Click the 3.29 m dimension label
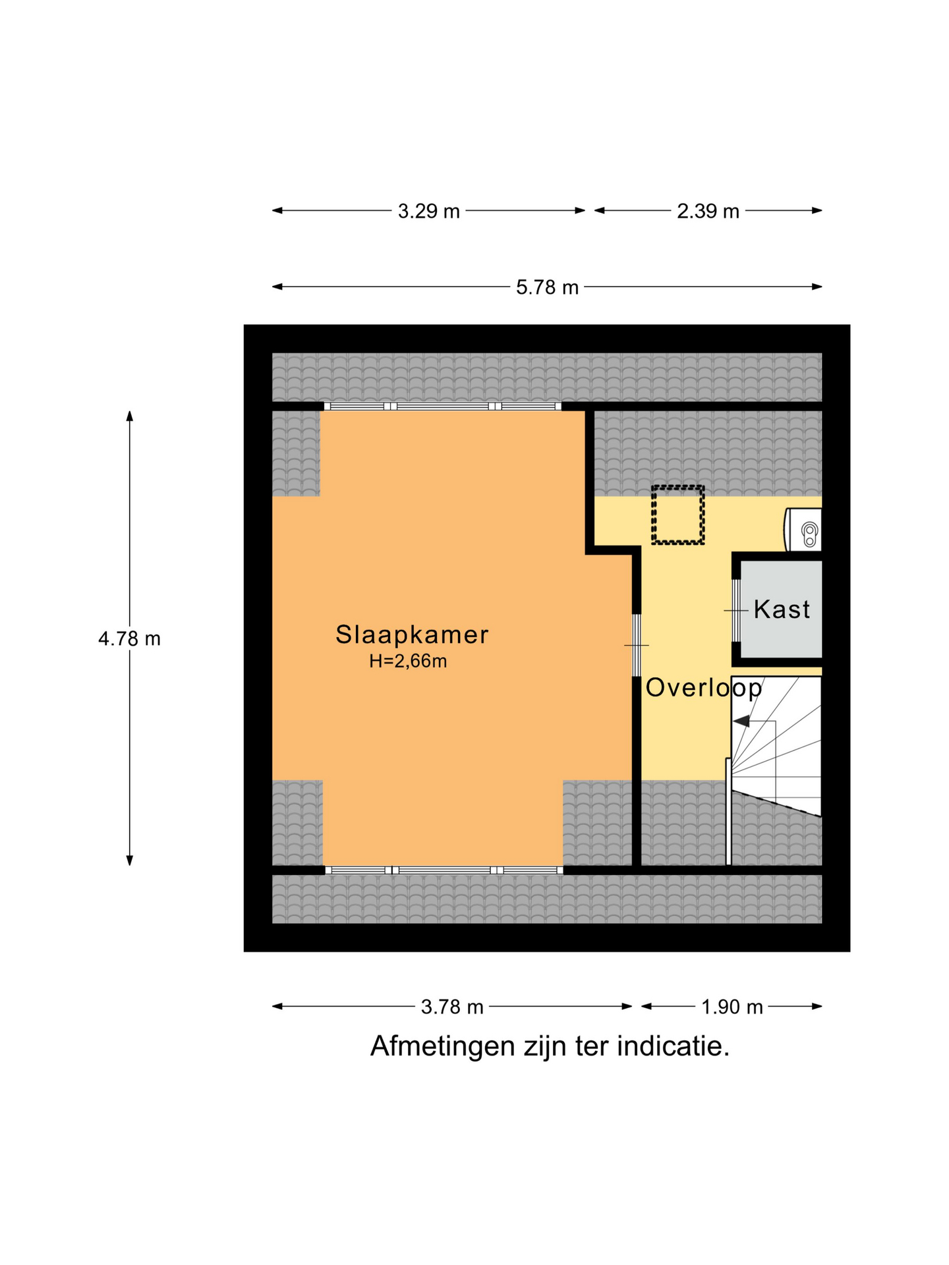[x=428, y=211]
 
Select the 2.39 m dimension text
[x=708, y=211]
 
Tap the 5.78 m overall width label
[x=547, y=287]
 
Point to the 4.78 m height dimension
[x=129, y=639]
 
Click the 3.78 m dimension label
[x=452, y=1007]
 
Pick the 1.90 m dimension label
[x=732, y=1007]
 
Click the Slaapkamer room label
[x=412, y=634]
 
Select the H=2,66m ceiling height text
[x=408, y=661]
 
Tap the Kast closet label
[x=782, y=609]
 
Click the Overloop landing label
[x=704, y=688]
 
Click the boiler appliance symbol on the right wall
[x=803, y=530]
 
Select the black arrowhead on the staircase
[x=741, y=721]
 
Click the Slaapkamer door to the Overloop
[x=637, y=645]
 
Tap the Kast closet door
[x=735, y=611]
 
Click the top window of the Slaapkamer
[x=442, y=407]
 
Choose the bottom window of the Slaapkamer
[x=444, y=870]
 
